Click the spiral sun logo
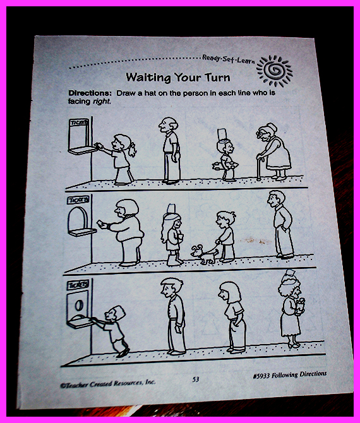click(274, 71)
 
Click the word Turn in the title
click(217, 78)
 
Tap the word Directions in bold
click(90, 93)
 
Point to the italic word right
click(102, 102)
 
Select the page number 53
click(196, 379)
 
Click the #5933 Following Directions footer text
click(290, 375)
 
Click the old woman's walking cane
click(260, 168)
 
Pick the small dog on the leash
click(205, 254)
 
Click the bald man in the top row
click(170, 150)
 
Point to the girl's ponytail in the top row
click(132, 150)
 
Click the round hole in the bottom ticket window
click(78, 306)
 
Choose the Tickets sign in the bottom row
click(78, 285)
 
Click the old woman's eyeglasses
click(261, 133)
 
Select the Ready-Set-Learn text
click(228, 59)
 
